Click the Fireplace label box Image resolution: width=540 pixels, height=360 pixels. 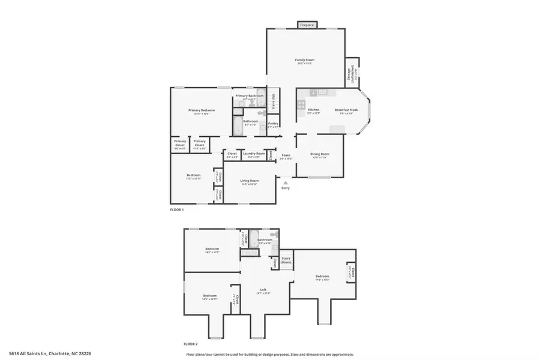click(307, 25)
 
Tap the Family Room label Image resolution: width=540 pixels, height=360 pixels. click(305, 60)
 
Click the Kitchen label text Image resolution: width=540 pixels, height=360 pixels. click(314, 110)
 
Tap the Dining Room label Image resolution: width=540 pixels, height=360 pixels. click(320, 154)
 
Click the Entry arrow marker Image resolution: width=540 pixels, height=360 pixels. click(286, 182)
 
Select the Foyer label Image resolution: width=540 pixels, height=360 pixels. click(286, 155)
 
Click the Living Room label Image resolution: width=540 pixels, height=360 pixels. click(250, 181)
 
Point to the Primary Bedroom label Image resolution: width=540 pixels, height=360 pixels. click(201, 110)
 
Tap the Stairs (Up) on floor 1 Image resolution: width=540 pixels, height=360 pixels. click(274, 101)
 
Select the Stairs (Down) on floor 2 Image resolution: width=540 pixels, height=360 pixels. click(286, 260)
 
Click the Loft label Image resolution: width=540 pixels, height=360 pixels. click(263, 290)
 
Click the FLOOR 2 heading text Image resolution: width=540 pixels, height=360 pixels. click(191, 344)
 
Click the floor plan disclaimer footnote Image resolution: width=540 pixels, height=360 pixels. click(269, 355)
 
